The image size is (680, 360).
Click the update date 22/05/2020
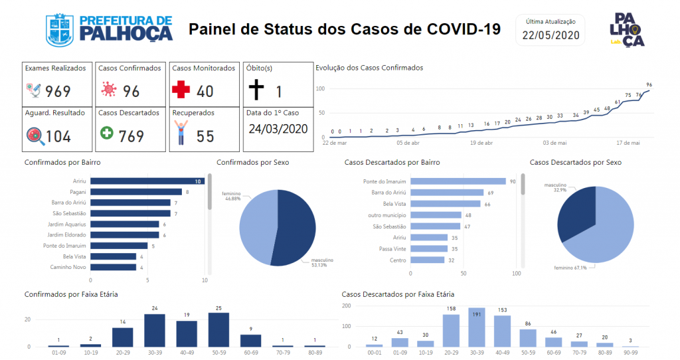551,36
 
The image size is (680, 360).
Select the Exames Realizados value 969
58,91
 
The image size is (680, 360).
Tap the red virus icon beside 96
108,90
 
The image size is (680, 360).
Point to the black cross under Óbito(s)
256,90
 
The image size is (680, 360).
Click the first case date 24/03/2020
278,129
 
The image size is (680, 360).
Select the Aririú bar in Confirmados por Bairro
147,181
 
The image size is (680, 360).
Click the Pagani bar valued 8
135,192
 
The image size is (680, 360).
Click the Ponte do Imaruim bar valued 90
458,181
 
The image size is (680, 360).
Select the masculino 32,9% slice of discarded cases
578,213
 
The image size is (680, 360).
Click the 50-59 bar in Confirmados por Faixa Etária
218,329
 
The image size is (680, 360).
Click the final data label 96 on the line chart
649,85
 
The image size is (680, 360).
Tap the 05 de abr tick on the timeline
408,142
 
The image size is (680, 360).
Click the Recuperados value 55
205,136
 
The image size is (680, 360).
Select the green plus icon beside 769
106,134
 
